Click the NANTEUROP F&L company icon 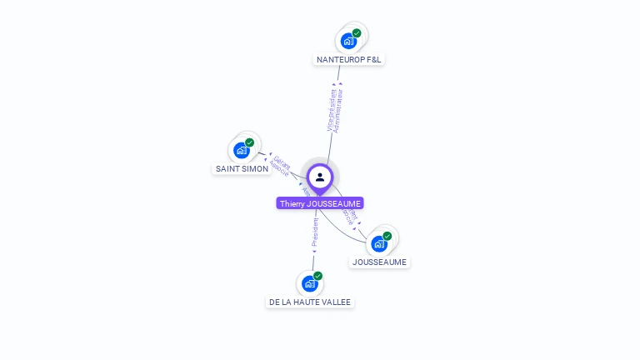348,41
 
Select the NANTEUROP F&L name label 349,59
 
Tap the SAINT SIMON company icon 241,150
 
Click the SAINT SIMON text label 242,168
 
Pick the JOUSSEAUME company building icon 378,243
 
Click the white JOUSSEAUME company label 379,262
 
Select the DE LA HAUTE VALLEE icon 309,283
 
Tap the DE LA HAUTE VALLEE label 310,302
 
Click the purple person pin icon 320,177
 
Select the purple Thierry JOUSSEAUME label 320,203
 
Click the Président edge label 314,232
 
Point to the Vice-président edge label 332,109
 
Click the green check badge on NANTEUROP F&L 357,33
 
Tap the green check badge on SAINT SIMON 249,142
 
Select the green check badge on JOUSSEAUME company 387,236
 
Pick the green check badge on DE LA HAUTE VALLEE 317,276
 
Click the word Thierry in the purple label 292,203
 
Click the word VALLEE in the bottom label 336,302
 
